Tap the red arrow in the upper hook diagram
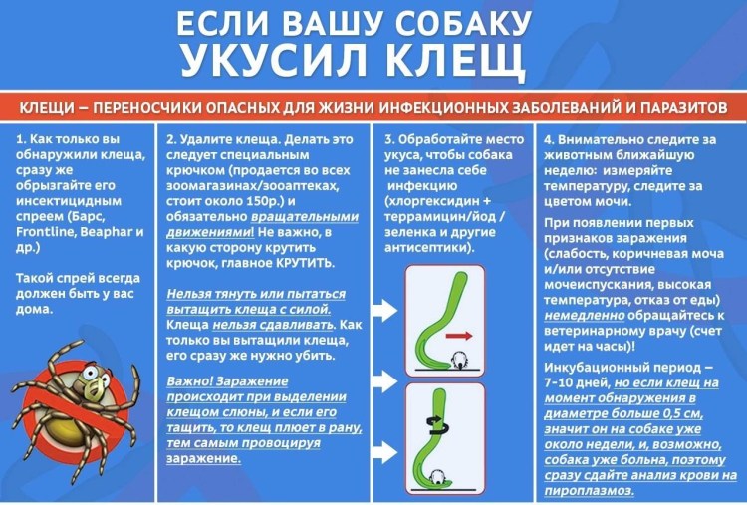click(458, 336)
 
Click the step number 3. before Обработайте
click(390, 140)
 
